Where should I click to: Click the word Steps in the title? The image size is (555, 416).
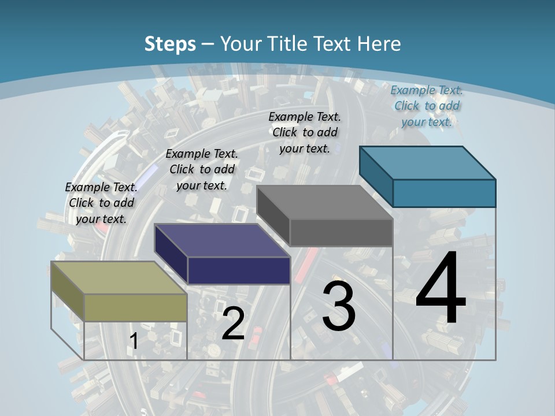point(169,44)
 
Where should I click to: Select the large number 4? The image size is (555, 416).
point(441,289)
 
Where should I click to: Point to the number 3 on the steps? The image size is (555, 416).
point(338,306)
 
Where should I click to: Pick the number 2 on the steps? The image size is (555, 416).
point(233,324)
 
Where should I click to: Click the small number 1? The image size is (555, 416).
point(134,341)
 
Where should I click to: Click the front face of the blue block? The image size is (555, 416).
point(444,193)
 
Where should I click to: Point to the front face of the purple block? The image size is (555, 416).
point(239,270)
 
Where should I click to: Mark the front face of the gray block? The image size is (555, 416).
point(341,232)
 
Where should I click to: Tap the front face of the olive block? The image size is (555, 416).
point(136,307)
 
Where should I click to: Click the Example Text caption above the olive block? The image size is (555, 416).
point(101,203)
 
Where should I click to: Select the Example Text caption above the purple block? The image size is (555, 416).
point(202,169)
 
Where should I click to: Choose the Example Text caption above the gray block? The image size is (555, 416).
point(305,132)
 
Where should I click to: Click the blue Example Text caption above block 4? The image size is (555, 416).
point(427,106)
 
